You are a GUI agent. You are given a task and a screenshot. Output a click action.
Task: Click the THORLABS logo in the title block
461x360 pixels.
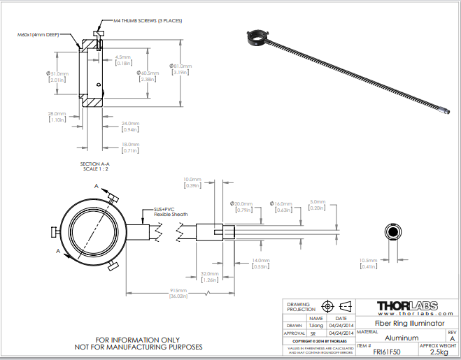coord(406,306)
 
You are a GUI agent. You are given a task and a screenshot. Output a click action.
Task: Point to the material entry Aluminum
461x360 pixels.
coord(396,338)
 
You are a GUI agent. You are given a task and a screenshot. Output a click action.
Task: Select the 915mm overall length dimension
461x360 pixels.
coord(178,290)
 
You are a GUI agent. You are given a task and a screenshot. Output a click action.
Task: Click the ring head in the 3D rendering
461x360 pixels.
coord(258,34)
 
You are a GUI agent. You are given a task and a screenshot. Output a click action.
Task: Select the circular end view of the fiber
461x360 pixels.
coord(391,232)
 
